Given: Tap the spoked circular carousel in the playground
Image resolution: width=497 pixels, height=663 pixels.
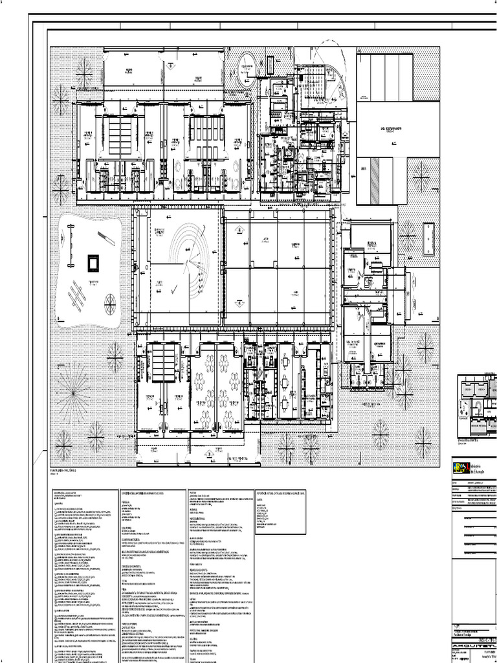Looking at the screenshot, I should (111, 300).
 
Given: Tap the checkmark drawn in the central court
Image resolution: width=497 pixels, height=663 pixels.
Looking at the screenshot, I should (173, 291).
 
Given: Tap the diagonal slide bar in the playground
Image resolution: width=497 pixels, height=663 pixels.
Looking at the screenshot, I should (106, 238).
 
